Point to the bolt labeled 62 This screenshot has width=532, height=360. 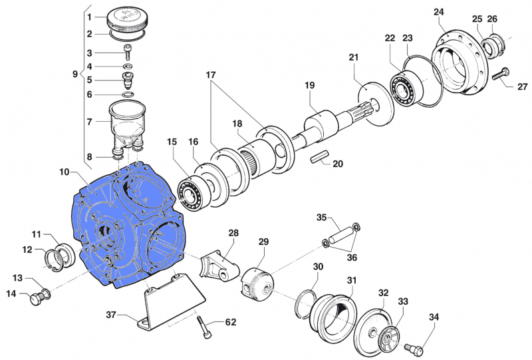click(203, 325)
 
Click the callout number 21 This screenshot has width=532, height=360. click(353, 57)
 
